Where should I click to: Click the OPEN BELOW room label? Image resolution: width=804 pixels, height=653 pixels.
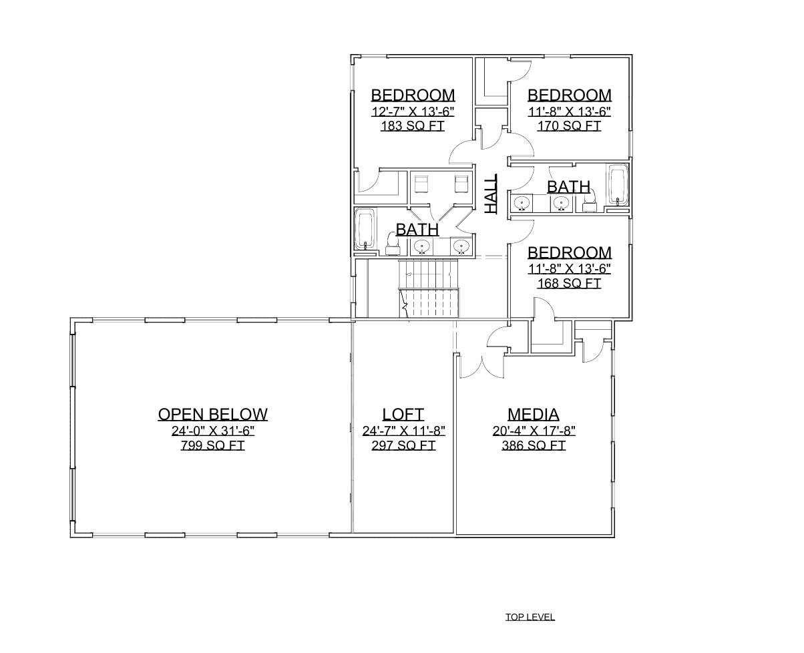point(212,414)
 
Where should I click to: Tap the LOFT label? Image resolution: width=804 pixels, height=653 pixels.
point(403,414)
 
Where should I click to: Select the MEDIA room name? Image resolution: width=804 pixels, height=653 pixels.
point(533,414)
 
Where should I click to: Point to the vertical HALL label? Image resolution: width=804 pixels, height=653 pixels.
point(491,194)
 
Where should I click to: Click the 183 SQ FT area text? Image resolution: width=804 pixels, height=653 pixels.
point(412,126)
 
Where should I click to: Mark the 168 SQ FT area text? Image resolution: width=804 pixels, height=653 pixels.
point(569,283)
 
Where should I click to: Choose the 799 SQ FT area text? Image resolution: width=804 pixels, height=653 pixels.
point(212,445)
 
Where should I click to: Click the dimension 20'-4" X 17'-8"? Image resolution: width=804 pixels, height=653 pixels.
point(533,431)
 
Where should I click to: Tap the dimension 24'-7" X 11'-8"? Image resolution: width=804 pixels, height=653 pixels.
point(403,431)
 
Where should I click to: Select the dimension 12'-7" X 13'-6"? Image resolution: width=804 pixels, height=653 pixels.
point(412,111)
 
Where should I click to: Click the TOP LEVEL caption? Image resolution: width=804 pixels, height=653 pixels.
point(530,617)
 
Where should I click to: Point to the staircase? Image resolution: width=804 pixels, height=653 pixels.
point(430,290)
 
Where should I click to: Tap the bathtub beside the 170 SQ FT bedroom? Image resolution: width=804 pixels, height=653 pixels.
point(618,184)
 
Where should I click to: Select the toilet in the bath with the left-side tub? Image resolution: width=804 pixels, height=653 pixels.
point(393,243)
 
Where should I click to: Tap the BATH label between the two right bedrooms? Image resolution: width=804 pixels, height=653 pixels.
point(568,186)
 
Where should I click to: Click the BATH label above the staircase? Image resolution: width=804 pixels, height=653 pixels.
point(417,229)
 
